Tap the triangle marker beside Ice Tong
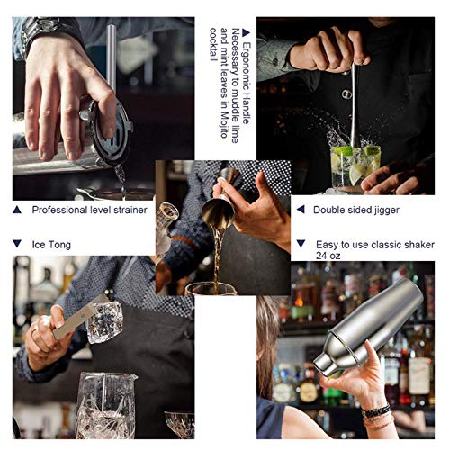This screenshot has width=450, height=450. [x=17, y=244]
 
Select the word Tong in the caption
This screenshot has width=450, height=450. [x=58, y=244]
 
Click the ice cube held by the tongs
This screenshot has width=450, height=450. [x=105, y=321]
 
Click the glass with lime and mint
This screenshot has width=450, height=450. [x=353, y=165]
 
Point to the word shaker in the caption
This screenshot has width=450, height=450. [x=402, y=243]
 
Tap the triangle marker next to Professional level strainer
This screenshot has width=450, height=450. [x=17, y=210]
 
